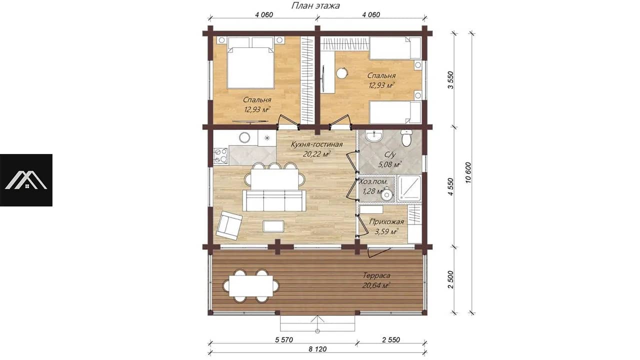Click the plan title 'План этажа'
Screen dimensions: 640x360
pyautogui.click(x=315, y=5)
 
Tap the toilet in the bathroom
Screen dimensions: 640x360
pyautogui.click(x=406, y=137)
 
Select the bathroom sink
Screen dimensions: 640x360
pyautogui.click(x=373, y=136)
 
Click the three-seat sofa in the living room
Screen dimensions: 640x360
pyautogui.click(x=274, y=200)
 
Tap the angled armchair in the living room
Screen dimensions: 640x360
pyautogui.click(x=229, y=225)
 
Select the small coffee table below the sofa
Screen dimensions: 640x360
pyautogui.click(x=273, y=226)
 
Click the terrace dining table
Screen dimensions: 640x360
pyautogui.click(x=251, y=285)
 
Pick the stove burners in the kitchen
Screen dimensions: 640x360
pyautogui.click(x=220, y=155)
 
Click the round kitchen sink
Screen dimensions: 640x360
pyautogui.click(x=245, y=137)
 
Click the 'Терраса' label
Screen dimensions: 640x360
pyautogui.click(x=376, y=275)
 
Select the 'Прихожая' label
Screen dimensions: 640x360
pyautogui.click(x=386, y=221)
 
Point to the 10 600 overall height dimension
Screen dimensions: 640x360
pyautogui.click(x=468, y=172)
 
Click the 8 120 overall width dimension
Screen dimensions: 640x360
pyautogui.click(x=317, y=349)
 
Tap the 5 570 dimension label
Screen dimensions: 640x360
pyautogui.click(x=284, y=339)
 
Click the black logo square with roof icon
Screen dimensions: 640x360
pyautogui.click(x=26, y=180)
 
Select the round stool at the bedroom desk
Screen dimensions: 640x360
pyautogui.click(x=341, y=73)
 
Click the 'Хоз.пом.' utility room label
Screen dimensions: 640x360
pyautogui.click(x=373, y=181)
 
